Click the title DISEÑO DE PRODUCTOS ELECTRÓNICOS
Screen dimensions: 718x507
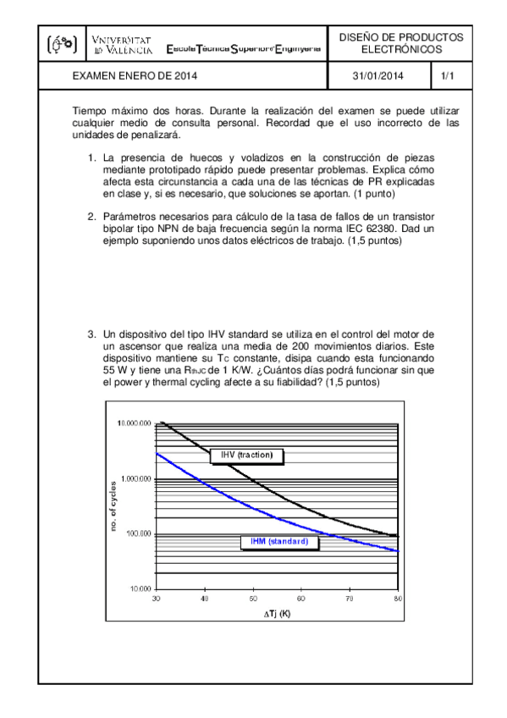point(401,44)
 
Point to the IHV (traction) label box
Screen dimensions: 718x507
point(246,456)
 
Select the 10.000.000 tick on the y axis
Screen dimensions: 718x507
point(133,423)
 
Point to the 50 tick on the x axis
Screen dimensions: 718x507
point(253,599)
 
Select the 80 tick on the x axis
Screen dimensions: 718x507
point(398,599)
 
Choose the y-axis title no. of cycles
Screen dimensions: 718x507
point(113,506)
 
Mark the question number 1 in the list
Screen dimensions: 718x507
point(93,158)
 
